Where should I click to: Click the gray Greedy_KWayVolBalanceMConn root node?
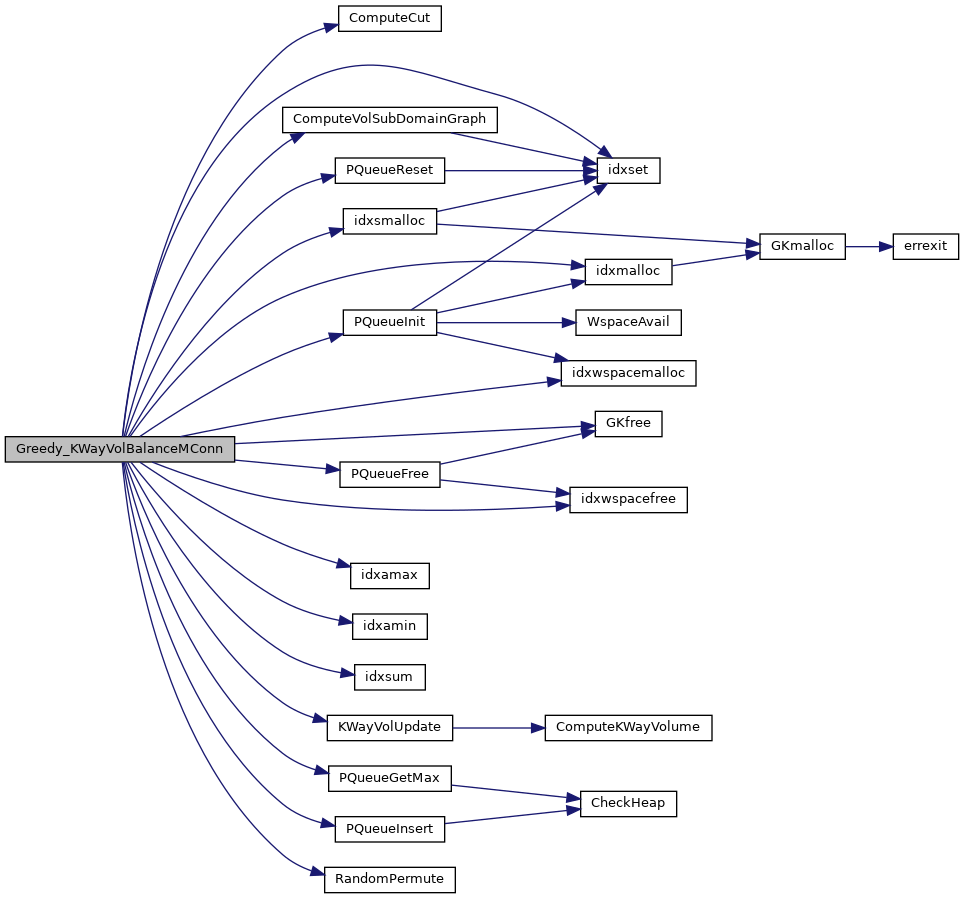pyautogui.click(x=119, y=449)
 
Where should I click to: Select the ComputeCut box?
pyautogui.click(x=389, y=19)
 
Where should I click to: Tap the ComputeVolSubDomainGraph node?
pyautogui.click(x=389, y=119)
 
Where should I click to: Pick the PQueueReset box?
pyautogui.click(x=389, y=170)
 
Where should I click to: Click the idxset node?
pyautogui.click(x=629, y=170)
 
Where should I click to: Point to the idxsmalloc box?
pyautogui.click(x=389, y=221)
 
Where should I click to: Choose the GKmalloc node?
pyautogui.click(x=802, y=246)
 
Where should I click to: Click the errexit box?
pyautogui.click(x=926, y=246)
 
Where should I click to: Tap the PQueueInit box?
pyautogui.click(x=389, y=322)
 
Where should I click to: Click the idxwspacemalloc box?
pyautogui.click(x=628, y=373)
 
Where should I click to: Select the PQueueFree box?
pyautogui.click(x=389, y=474)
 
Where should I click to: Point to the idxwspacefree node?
pyautogui.click(x=628, y=499)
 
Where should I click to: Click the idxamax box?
pyautogui.click(x=389, y=575)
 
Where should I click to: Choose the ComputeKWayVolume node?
pyautogui.click(x=628, y=727)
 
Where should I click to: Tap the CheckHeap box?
pyautogui.click(x=629, y=803)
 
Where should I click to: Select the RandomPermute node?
pyautogui.click(x=389, y=880)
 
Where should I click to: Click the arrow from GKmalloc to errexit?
pyautogui.click(x=868, y=246)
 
